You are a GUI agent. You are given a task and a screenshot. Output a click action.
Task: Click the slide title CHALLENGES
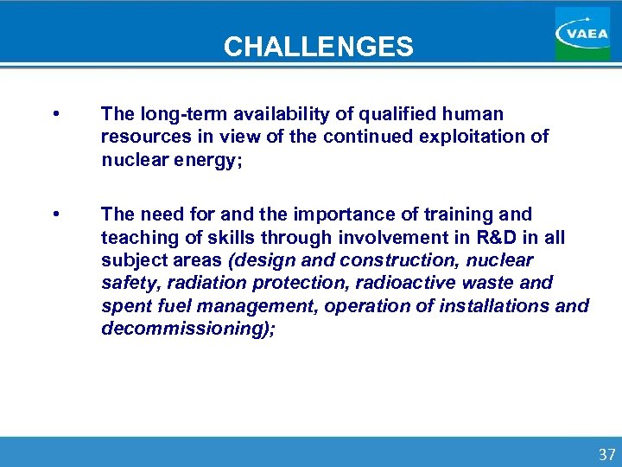[318, 46]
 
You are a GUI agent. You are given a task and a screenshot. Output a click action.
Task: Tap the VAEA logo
[581, 33]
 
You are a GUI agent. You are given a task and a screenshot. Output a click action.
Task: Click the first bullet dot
[55, 114]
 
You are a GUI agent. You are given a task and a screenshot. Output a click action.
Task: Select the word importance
[327, 214]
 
